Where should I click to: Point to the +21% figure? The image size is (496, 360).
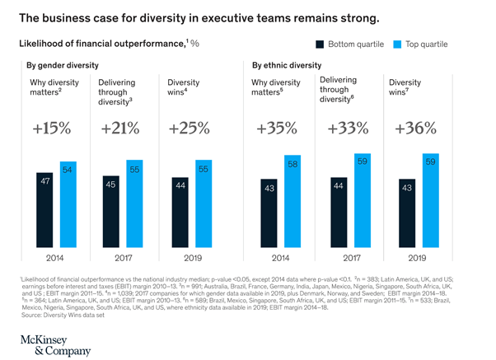coord(121,130)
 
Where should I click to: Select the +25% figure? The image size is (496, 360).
coord(190,130)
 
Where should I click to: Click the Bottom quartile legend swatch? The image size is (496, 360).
coord(318,44)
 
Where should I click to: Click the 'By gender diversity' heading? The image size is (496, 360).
coord(63,65)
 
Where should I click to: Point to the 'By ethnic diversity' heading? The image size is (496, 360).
coord(288,65)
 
